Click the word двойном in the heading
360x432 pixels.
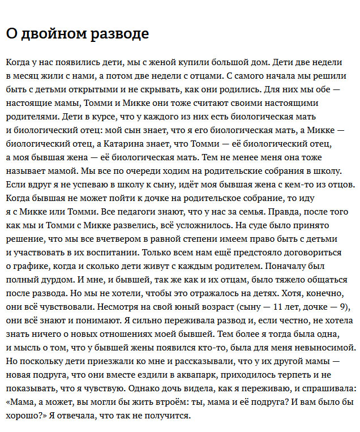[51, 34]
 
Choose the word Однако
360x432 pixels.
[148, 388]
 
